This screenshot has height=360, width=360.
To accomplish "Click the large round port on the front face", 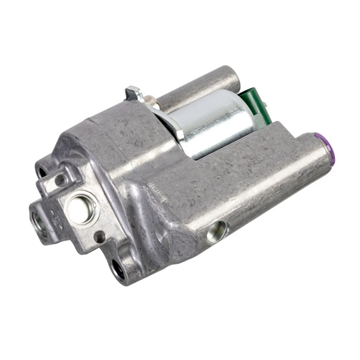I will click(x=81, y=207).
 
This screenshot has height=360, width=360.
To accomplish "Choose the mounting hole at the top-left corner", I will click(x=42, y=171).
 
